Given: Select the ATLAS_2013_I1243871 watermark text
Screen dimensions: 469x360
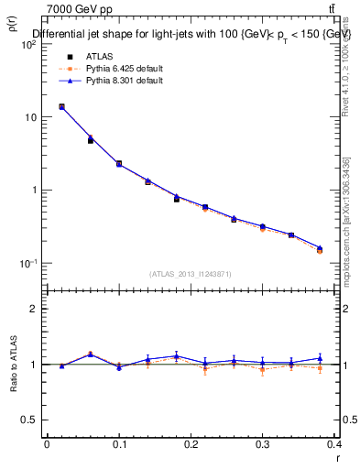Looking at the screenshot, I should pyautogui.click(x=191, y=274).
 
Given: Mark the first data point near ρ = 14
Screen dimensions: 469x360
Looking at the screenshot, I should pyautogui.click(x=61, y=106).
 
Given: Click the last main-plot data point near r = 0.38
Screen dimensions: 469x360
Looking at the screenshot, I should pyautogui.click(x=320, y=248).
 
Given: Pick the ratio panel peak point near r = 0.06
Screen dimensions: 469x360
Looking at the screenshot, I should pyautogui.click(x=90, y=354).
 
